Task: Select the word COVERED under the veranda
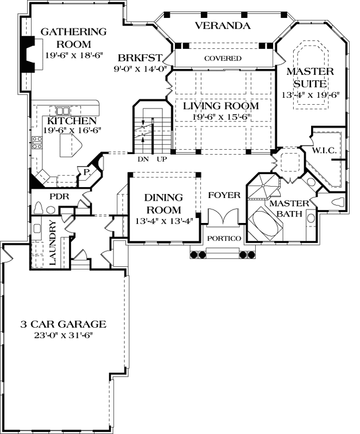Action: click(x=223, y=58)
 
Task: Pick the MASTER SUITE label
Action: click(x=310, y=78)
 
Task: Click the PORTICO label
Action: click(x=224, y=238)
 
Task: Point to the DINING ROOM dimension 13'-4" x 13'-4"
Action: click(x=163, y=221)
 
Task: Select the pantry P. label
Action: click(x=86, y=173)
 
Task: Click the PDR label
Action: click(x=59, y=196)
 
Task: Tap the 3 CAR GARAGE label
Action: click(x=63, y=324)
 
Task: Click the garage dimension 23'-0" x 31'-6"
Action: click(x=63, y=335)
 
